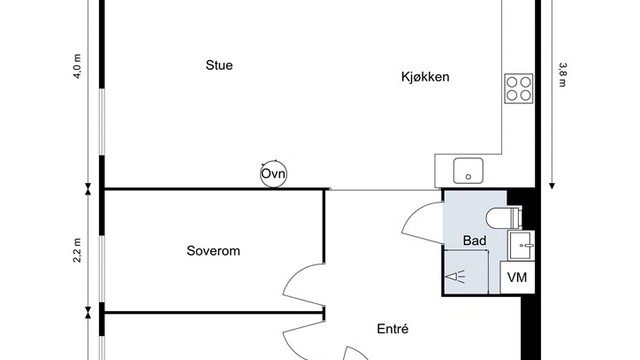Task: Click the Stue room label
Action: (x=218, y=66)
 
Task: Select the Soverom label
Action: (x=214, y=251)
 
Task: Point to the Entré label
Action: (x=394, y=329)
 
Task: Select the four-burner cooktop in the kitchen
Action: (x=518, y=88)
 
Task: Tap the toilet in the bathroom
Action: (x=501, y=217)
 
